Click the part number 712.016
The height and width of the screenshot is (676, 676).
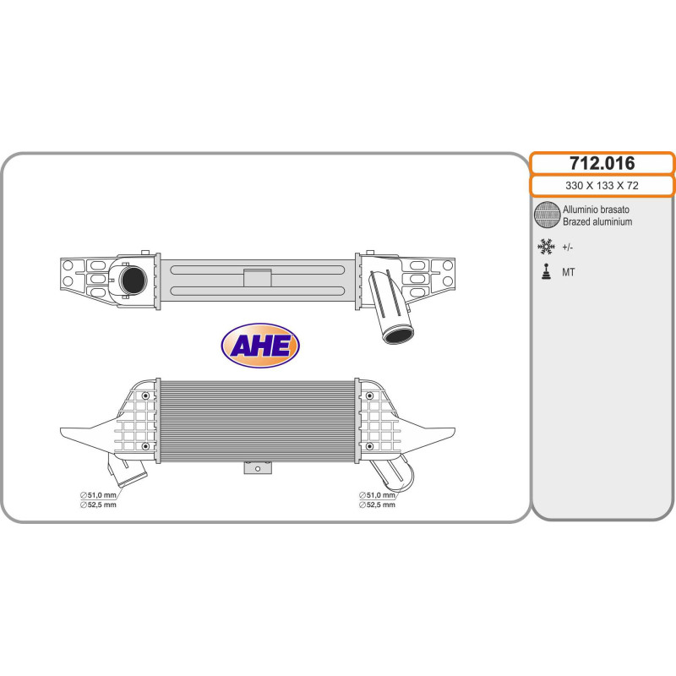pyautogui.click(x=602, y=163)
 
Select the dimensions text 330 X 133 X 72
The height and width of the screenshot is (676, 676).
pyautogui.click(x=602, y=186)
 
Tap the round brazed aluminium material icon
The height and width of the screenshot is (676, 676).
pyautogui.click(x=548, y=215)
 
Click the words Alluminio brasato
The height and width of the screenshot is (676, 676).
pyautogui.click(x=596, y=210)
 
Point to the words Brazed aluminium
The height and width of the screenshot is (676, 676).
pyautogui.click(x=597, y=222)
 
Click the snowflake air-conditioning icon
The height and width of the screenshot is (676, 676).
pyautogui.click(x=547, y=247)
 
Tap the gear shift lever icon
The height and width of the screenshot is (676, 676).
pyautogui.click(x=547, y=272)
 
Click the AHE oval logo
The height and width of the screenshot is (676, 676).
pyautogui.click(x=260, y=344)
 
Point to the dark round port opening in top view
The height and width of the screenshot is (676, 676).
pyautogui.click(x=132, y=279)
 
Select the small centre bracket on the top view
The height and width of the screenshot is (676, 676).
pyautogui.click(x=256, y=277)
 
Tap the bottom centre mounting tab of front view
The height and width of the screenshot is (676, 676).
pyautogui.click(x=257, y=467)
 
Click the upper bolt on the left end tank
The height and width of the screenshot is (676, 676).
pyautogui.click(x=146, y=396)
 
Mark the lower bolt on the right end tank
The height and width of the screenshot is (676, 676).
pyautogui.click(x=369, y=444)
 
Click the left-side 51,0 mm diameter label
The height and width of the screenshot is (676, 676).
pyautogui.click(x=97, y=494)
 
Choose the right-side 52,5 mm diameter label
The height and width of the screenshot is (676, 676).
pyautogui.click(x=377, y=504)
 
